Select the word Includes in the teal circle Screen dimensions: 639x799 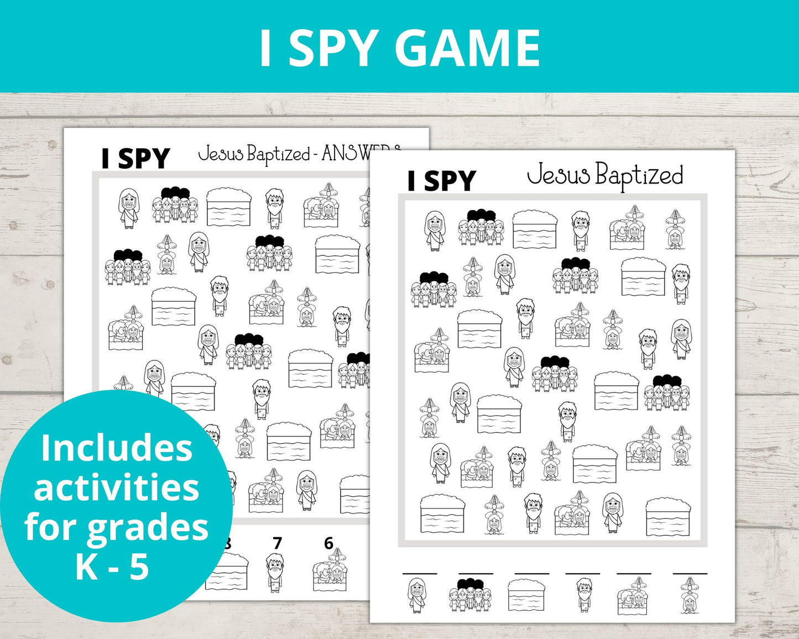pyautogui.click(x=117, y=448)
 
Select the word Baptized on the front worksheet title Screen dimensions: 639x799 pyautogui.click(x=639, y=176)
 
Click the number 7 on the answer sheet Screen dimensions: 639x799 pyautogui.click(x=277, y=544)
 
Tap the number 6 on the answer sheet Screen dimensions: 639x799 pyautogui.click(x=328, y=544)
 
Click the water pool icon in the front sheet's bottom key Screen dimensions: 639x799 pyautogui.click(x=526, y=596)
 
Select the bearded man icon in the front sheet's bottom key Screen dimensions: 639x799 pyautogui.click(x=583, y=596)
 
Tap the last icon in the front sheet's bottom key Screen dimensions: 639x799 pyautogui.click(x=689, y=596)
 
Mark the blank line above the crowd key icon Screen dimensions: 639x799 pyautogui.click(x=475, y=574)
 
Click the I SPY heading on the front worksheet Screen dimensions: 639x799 pyautogui.click(x=441, y=181)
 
